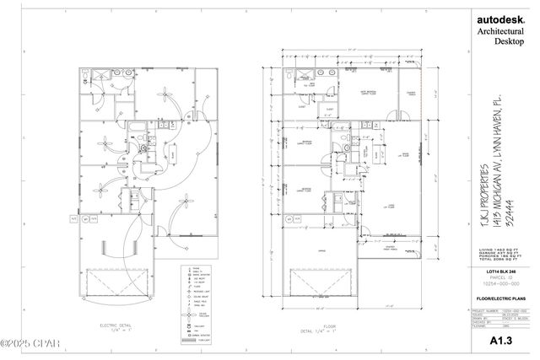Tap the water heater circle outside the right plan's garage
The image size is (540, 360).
[x=289, y=217]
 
